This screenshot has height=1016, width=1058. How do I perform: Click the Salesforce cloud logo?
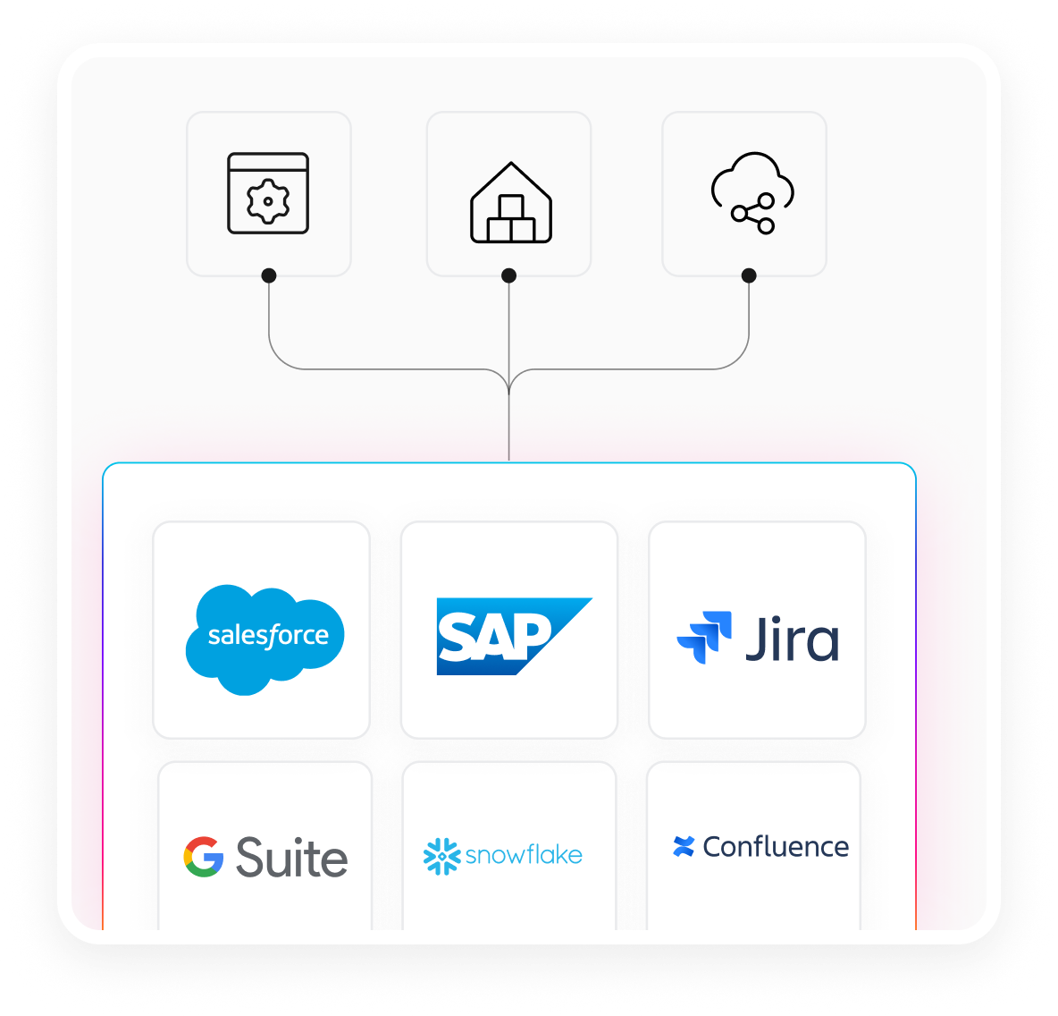[x=265, y=639]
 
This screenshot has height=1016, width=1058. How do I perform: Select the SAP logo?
[x=513, y=636]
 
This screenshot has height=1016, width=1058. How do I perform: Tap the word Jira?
[x=793, y=639]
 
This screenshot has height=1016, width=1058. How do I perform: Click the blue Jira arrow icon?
[x=705, y=637]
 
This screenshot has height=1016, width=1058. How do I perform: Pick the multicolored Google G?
[x=204, y=857]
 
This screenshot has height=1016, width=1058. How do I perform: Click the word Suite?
[x=291, y=858]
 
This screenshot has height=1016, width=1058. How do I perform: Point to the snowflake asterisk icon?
[x=441, y=856]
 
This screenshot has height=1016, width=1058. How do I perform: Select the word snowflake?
[x=524, y=855]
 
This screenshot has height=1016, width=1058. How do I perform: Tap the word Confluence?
[x=776, y=846]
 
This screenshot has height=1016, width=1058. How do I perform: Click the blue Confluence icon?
[x=684, y=846]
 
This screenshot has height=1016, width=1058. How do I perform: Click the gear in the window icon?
[x=267, y=200]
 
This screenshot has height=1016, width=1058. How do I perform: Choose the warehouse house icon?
[x=511, y=203]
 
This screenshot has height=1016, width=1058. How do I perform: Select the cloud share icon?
[x=752, y=192]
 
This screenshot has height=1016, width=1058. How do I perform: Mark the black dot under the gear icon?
[x=269, y=275]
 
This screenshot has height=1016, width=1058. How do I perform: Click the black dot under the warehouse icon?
[x=509, y=275]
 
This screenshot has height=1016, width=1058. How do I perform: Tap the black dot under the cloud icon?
[x=749, y=275]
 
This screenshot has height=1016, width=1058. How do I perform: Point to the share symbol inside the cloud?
[x=753, y=213]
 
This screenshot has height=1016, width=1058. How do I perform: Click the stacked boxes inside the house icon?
[x=511, y=220]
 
